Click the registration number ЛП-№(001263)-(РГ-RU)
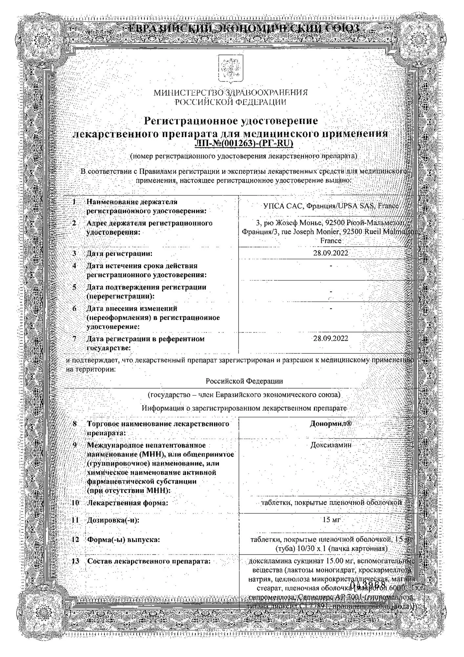click(x=243, y=143)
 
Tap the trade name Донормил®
click(x=331, y=424)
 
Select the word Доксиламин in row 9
click(x=331, y=445)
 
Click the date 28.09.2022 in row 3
click(x=331, y=253)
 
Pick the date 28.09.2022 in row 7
click(x=331, y=338)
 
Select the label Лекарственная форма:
click(x=127, y=503)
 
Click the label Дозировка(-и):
click(x=113, y=520)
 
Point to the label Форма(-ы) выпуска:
click(x=123, y=540)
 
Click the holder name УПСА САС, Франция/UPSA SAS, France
click(x=331, y=206)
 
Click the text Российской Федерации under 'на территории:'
click(x=244, y=381)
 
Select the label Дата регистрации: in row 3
click(x=119, y=254)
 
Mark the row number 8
click(x=75, y=424)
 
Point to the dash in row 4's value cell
click(x=331, y=265)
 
